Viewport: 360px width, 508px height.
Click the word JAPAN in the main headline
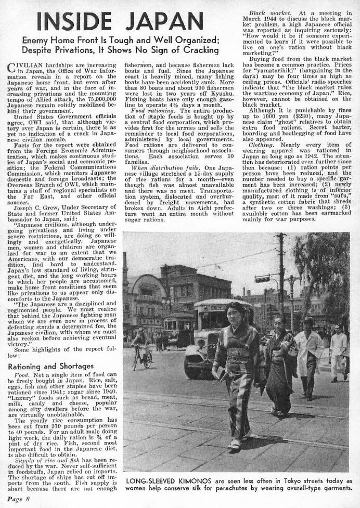click(164, 21)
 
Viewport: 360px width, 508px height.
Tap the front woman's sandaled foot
click(234, 445)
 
